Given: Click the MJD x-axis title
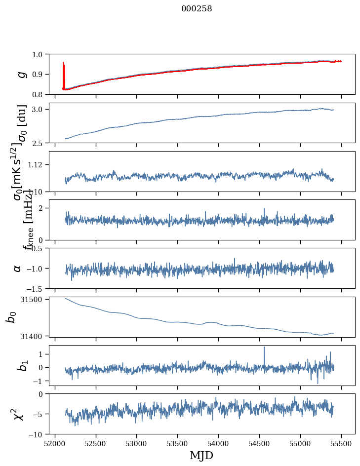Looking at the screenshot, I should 201,455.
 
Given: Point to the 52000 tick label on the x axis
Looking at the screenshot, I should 55,443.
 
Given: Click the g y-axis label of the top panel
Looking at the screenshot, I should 21,74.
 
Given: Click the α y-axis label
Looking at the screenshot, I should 17,268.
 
